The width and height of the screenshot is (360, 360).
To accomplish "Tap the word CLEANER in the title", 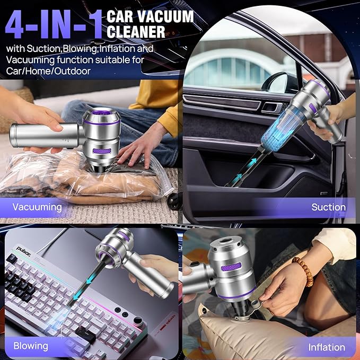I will [136, 31].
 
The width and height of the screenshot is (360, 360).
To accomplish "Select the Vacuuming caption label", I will [37, 207].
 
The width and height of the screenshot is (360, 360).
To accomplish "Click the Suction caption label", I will [328, 207].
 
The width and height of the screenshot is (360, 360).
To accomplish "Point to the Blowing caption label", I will [30, 346].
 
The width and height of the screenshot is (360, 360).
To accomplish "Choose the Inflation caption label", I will [327, 347].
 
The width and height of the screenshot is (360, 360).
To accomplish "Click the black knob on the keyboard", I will [138, 321].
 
